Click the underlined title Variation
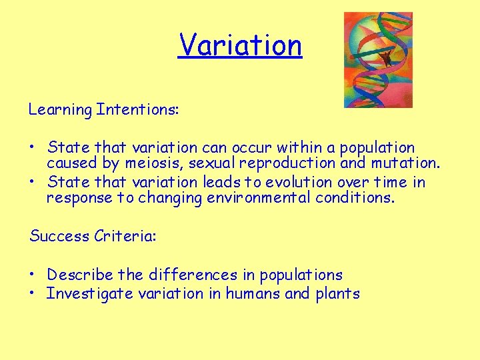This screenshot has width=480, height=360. pos(240,45)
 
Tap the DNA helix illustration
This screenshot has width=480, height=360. pos(377,59)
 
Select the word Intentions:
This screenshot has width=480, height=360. pos(137,109)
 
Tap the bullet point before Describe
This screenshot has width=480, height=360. pos(33,275)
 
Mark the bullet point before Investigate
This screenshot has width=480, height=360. pos(33,294)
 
